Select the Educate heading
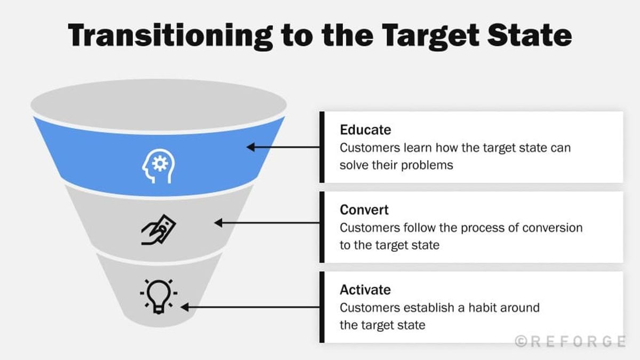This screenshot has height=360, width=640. (365, 130)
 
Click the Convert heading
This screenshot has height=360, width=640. (364, 210)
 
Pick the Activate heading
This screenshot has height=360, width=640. (365, 290)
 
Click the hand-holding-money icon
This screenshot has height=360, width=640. (158, 229)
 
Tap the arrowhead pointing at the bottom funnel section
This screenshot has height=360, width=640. (185, 307)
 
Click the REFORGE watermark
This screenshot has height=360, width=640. (570, 341)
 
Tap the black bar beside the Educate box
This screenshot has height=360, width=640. (322, 147)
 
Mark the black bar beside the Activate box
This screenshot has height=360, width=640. (322, 307)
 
